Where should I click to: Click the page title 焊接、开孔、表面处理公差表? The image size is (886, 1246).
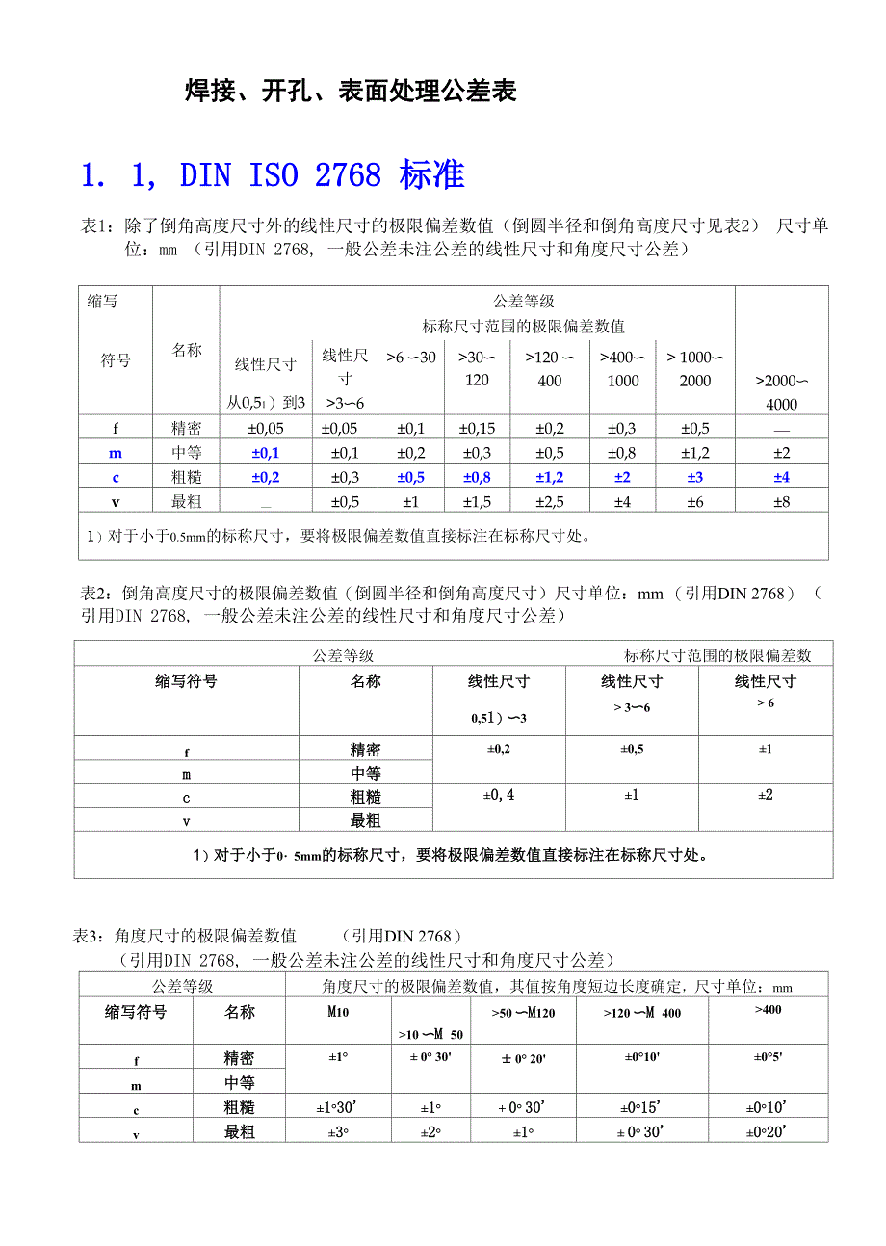tap(351, 91)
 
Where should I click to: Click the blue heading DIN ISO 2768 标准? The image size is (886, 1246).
tap(273, 174)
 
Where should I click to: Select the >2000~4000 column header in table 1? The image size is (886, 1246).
tap(781, 392)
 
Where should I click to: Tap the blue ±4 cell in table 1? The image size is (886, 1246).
tap(781, 477)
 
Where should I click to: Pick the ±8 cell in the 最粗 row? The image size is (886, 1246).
tap(781, 501)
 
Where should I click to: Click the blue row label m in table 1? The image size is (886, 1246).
tap(115, 453)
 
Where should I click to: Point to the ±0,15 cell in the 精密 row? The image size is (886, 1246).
tap(477, 429)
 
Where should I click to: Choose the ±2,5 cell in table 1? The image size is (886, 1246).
tap(550, 501)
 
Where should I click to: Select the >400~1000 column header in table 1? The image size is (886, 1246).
tap(623, 369)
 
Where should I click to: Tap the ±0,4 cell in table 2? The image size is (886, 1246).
tap(498, 795)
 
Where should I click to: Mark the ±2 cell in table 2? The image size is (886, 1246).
tap(766, 795)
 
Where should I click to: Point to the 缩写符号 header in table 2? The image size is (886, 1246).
tap(187, 681)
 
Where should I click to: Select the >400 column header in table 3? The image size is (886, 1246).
tap(769, 1009)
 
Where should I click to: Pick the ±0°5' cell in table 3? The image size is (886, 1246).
tap(769, 1057)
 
